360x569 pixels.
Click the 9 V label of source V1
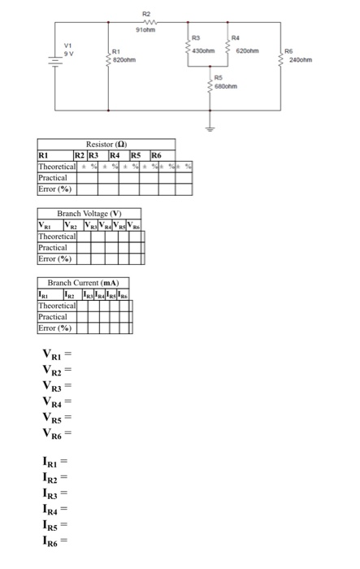pos(69,50)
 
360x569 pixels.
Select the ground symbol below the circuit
pos(210,128)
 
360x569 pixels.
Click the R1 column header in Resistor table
pos(44,154)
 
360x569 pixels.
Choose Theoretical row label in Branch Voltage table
pos(58,237)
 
